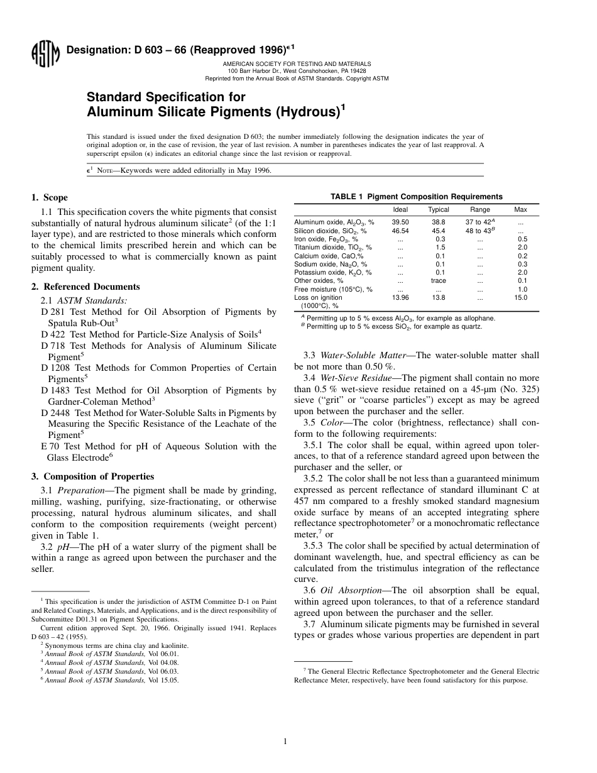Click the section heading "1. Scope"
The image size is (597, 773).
tap(50, 197)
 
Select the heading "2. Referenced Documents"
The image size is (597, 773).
tap(85, 287)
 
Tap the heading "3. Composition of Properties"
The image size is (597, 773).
tap(92, 476)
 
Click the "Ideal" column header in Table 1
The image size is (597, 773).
tap(400, 210)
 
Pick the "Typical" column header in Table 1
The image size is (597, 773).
tap(439, 210)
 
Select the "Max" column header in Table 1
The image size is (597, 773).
tap(521, 210)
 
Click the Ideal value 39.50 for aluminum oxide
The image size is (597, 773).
tap(400, 222)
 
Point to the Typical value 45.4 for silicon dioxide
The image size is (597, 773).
tap(439, 231)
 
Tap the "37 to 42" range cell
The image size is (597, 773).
tap(479, 222)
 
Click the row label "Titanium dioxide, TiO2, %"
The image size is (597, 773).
tap(333, 248)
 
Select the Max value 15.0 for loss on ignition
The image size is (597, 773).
tap(521, 297)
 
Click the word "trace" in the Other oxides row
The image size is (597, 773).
tap(439, 281)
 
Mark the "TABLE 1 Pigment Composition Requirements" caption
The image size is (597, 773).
tap(417, 197)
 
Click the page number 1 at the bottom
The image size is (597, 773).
tap(285, 742)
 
